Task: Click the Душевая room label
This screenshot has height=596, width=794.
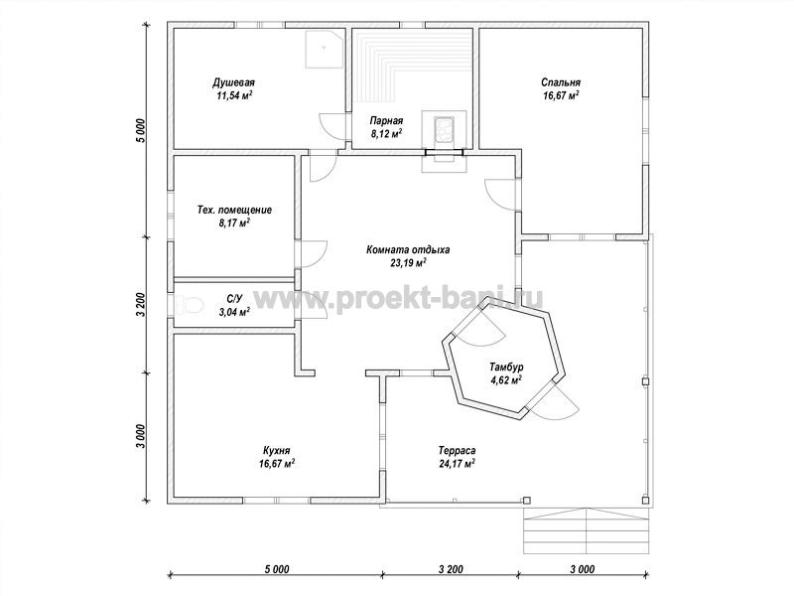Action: pyautogui.click(x=233, y=82)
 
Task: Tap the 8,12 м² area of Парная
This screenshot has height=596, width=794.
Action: pyautogui.click(x=386, y=134)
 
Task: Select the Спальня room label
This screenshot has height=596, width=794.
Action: pyautogui.click(x=561, y=82)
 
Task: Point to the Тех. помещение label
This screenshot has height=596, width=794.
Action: pyautogui.click(x=234, y=210)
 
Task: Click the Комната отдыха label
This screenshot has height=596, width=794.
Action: pyautogui.click(x=408, y=249)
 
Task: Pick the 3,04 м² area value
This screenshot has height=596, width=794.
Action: pyautogui.click(x=234, y=312)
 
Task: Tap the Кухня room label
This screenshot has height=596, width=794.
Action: pyautogui.click(x=277, y=450)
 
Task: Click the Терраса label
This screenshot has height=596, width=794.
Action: pyautogui.click(x=457, y=450)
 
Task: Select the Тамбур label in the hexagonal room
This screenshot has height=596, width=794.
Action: pyautogui.click(x=506, y=367)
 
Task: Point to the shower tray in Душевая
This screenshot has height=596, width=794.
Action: pyautogui.click(x=326, y=48)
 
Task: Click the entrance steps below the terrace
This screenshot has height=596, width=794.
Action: pyautogui.click(x=586, y=530)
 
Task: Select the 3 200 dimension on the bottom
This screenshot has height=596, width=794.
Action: pyautogui.click(x=450, y=569)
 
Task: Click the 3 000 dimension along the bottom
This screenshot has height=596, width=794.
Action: pyautogui.click(x=582, y=569)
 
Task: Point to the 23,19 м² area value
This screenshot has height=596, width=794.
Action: pyautogui.click(x=408, y=262)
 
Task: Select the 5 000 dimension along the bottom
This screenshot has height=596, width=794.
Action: pyautogui.click(x=277, y=569)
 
